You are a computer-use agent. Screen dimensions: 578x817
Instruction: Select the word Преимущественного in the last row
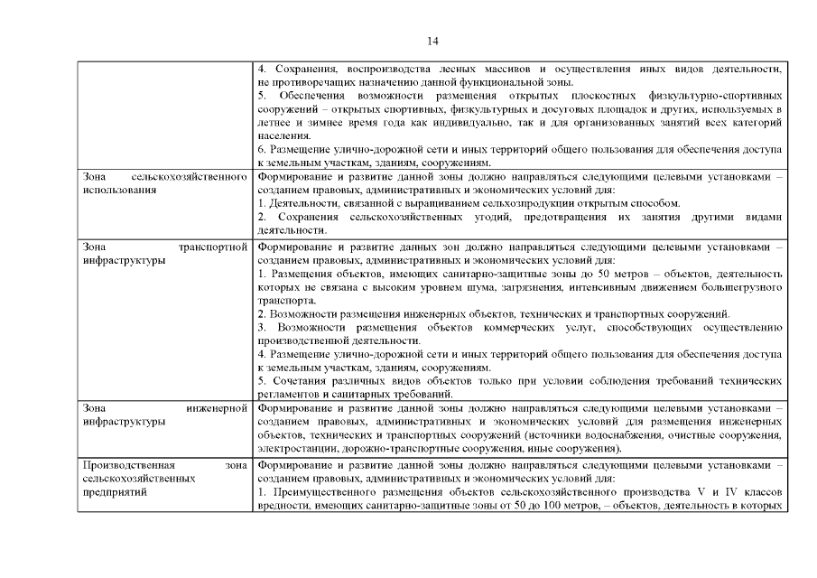coord(322,493)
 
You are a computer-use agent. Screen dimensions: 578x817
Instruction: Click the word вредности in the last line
coord(283,507)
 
